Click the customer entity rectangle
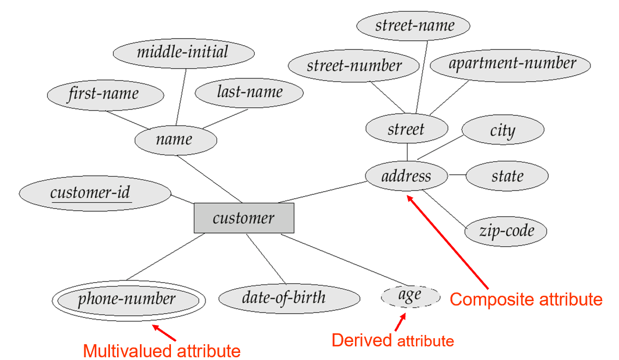(244, 218)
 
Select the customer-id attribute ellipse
(94, 193)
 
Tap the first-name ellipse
(105, 95)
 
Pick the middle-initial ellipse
(183, 53)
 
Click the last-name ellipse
(249, 93)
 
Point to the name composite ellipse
(175, 139)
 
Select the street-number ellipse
(354, 66)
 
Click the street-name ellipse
(414, 25)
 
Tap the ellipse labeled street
(407, 129)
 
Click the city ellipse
(502, 131)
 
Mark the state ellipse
(507, 176)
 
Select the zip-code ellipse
(505, 231)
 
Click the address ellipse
(406, 176)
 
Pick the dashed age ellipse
(410, 296)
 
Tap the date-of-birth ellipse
(289, 298)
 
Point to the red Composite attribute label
(526, 300)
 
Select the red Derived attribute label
(393, 341)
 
